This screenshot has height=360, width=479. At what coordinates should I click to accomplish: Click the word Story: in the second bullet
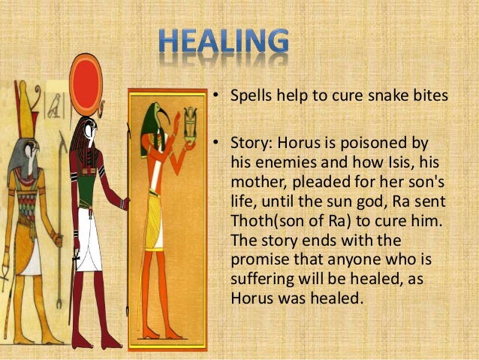(x=245, y=143)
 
